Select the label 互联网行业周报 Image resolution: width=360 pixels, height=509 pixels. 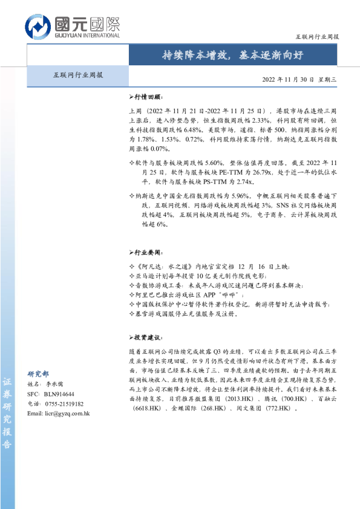tap(78, 76)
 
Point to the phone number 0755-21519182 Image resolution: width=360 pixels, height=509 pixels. tap(64, 404)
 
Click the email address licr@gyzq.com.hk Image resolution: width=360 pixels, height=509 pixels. tap(67, 413)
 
